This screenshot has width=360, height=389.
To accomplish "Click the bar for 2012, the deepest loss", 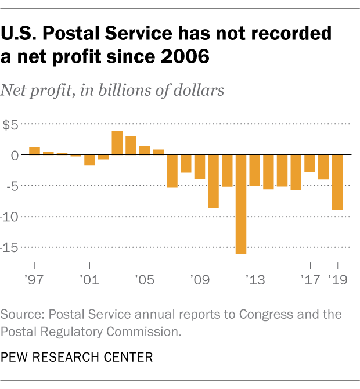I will coord(240,204).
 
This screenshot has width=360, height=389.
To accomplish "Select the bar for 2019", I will coord(337,182).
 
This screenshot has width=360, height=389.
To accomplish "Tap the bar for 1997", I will coord(34,151).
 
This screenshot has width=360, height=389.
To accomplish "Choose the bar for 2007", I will coord(172,171).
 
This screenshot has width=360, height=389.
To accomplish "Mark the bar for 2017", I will coord(309,164).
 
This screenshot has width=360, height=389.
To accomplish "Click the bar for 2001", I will coord(89,160).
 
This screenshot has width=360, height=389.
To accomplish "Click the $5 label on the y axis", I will coord(11,124).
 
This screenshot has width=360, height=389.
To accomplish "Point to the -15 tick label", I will coord(11,247).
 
